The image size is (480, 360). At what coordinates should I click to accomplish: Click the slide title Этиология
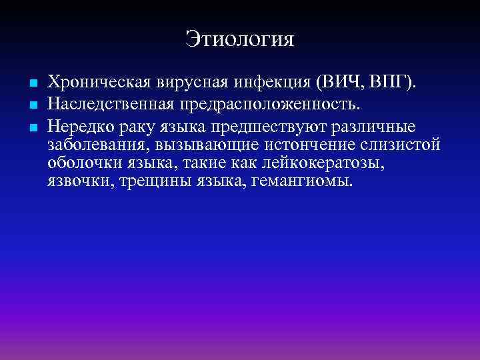click(x=240, y=38)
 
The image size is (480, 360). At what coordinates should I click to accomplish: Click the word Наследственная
click(x=117, y=105)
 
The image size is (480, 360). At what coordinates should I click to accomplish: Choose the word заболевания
click(x=91, y=145)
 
